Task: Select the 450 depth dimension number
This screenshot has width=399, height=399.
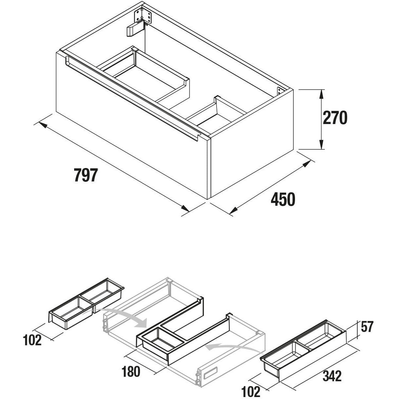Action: (x=283, y=199)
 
